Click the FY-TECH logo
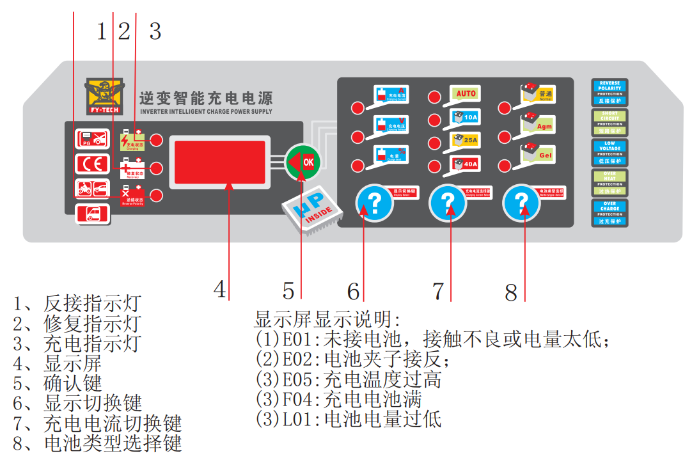[106, 97]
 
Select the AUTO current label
[465, 94]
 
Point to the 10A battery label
[465, 117]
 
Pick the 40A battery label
[465, 164]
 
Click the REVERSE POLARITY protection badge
[609, 92]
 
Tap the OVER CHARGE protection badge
[609, 213]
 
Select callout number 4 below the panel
[220, 290]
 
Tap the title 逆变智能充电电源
[205, 99]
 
